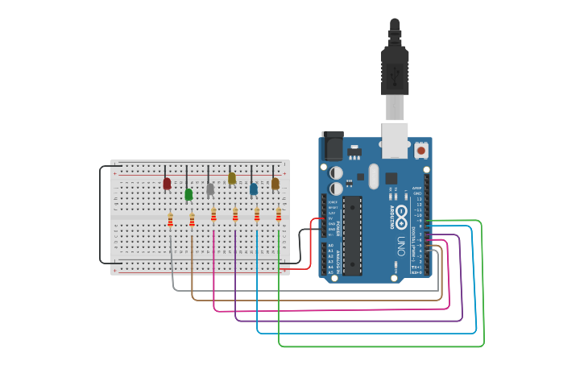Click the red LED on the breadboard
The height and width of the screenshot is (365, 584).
[167, 184]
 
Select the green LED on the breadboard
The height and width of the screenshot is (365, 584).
[188, 194]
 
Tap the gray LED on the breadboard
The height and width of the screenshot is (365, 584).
[210, 189]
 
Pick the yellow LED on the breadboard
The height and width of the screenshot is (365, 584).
[232, 178]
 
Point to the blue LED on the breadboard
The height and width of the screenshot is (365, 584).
[254, 189]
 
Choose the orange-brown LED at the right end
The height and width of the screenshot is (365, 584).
[275, 184]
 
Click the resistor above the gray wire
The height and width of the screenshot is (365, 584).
[170, 218]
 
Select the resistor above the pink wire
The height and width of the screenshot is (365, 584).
[213, 214]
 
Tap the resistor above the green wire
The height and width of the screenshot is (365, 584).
[279, 214]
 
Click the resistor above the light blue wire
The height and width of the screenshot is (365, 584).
[257, 214]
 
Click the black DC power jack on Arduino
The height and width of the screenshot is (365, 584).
[333, 146]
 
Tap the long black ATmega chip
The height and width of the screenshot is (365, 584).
[352, 234]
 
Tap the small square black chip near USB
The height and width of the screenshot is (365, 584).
[391, 178]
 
